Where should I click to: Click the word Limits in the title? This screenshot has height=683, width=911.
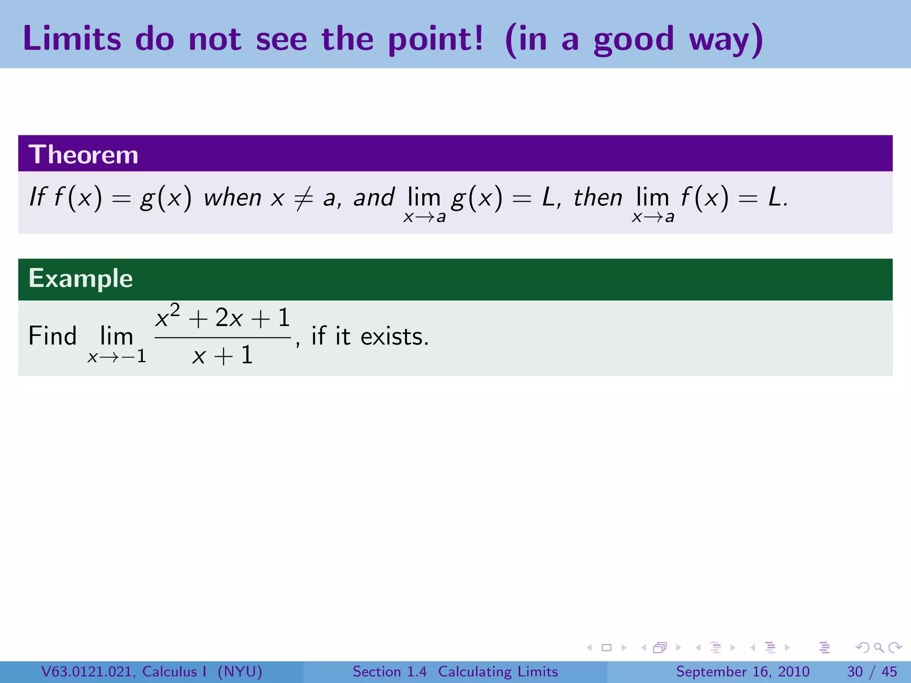(x=72, y=39)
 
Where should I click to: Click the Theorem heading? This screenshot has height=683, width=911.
(x=84, y=154)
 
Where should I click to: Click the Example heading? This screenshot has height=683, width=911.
(x=81, y=278)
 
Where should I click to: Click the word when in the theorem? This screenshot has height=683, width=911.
(x=232, y=197)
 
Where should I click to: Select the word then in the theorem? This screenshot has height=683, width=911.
(x=597, y=197)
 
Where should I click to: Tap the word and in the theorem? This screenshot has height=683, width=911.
(x=374, y=197)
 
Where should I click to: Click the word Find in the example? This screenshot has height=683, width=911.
(x=52, y=336)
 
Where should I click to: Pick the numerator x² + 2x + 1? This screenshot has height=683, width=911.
(x=222, y=317)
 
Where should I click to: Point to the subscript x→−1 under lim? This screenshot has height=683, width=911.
(x=117, y=357)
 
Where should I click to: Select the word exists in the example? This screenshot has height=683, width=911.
(x=394, y=336)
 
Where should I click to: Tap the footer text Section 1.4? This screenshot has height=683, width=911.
(x=390, y=671)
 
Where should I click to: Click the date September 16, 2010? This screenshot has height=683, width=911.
(x=742, y=671)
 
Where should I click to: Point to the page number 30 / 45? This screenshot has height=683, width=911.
(x=872, y=671)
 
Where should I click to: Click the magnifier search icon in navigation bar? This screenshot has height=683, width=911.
(x=879, y=647)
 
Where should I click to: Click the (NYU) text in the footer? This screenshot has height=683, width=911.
(x=240, y=671)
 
